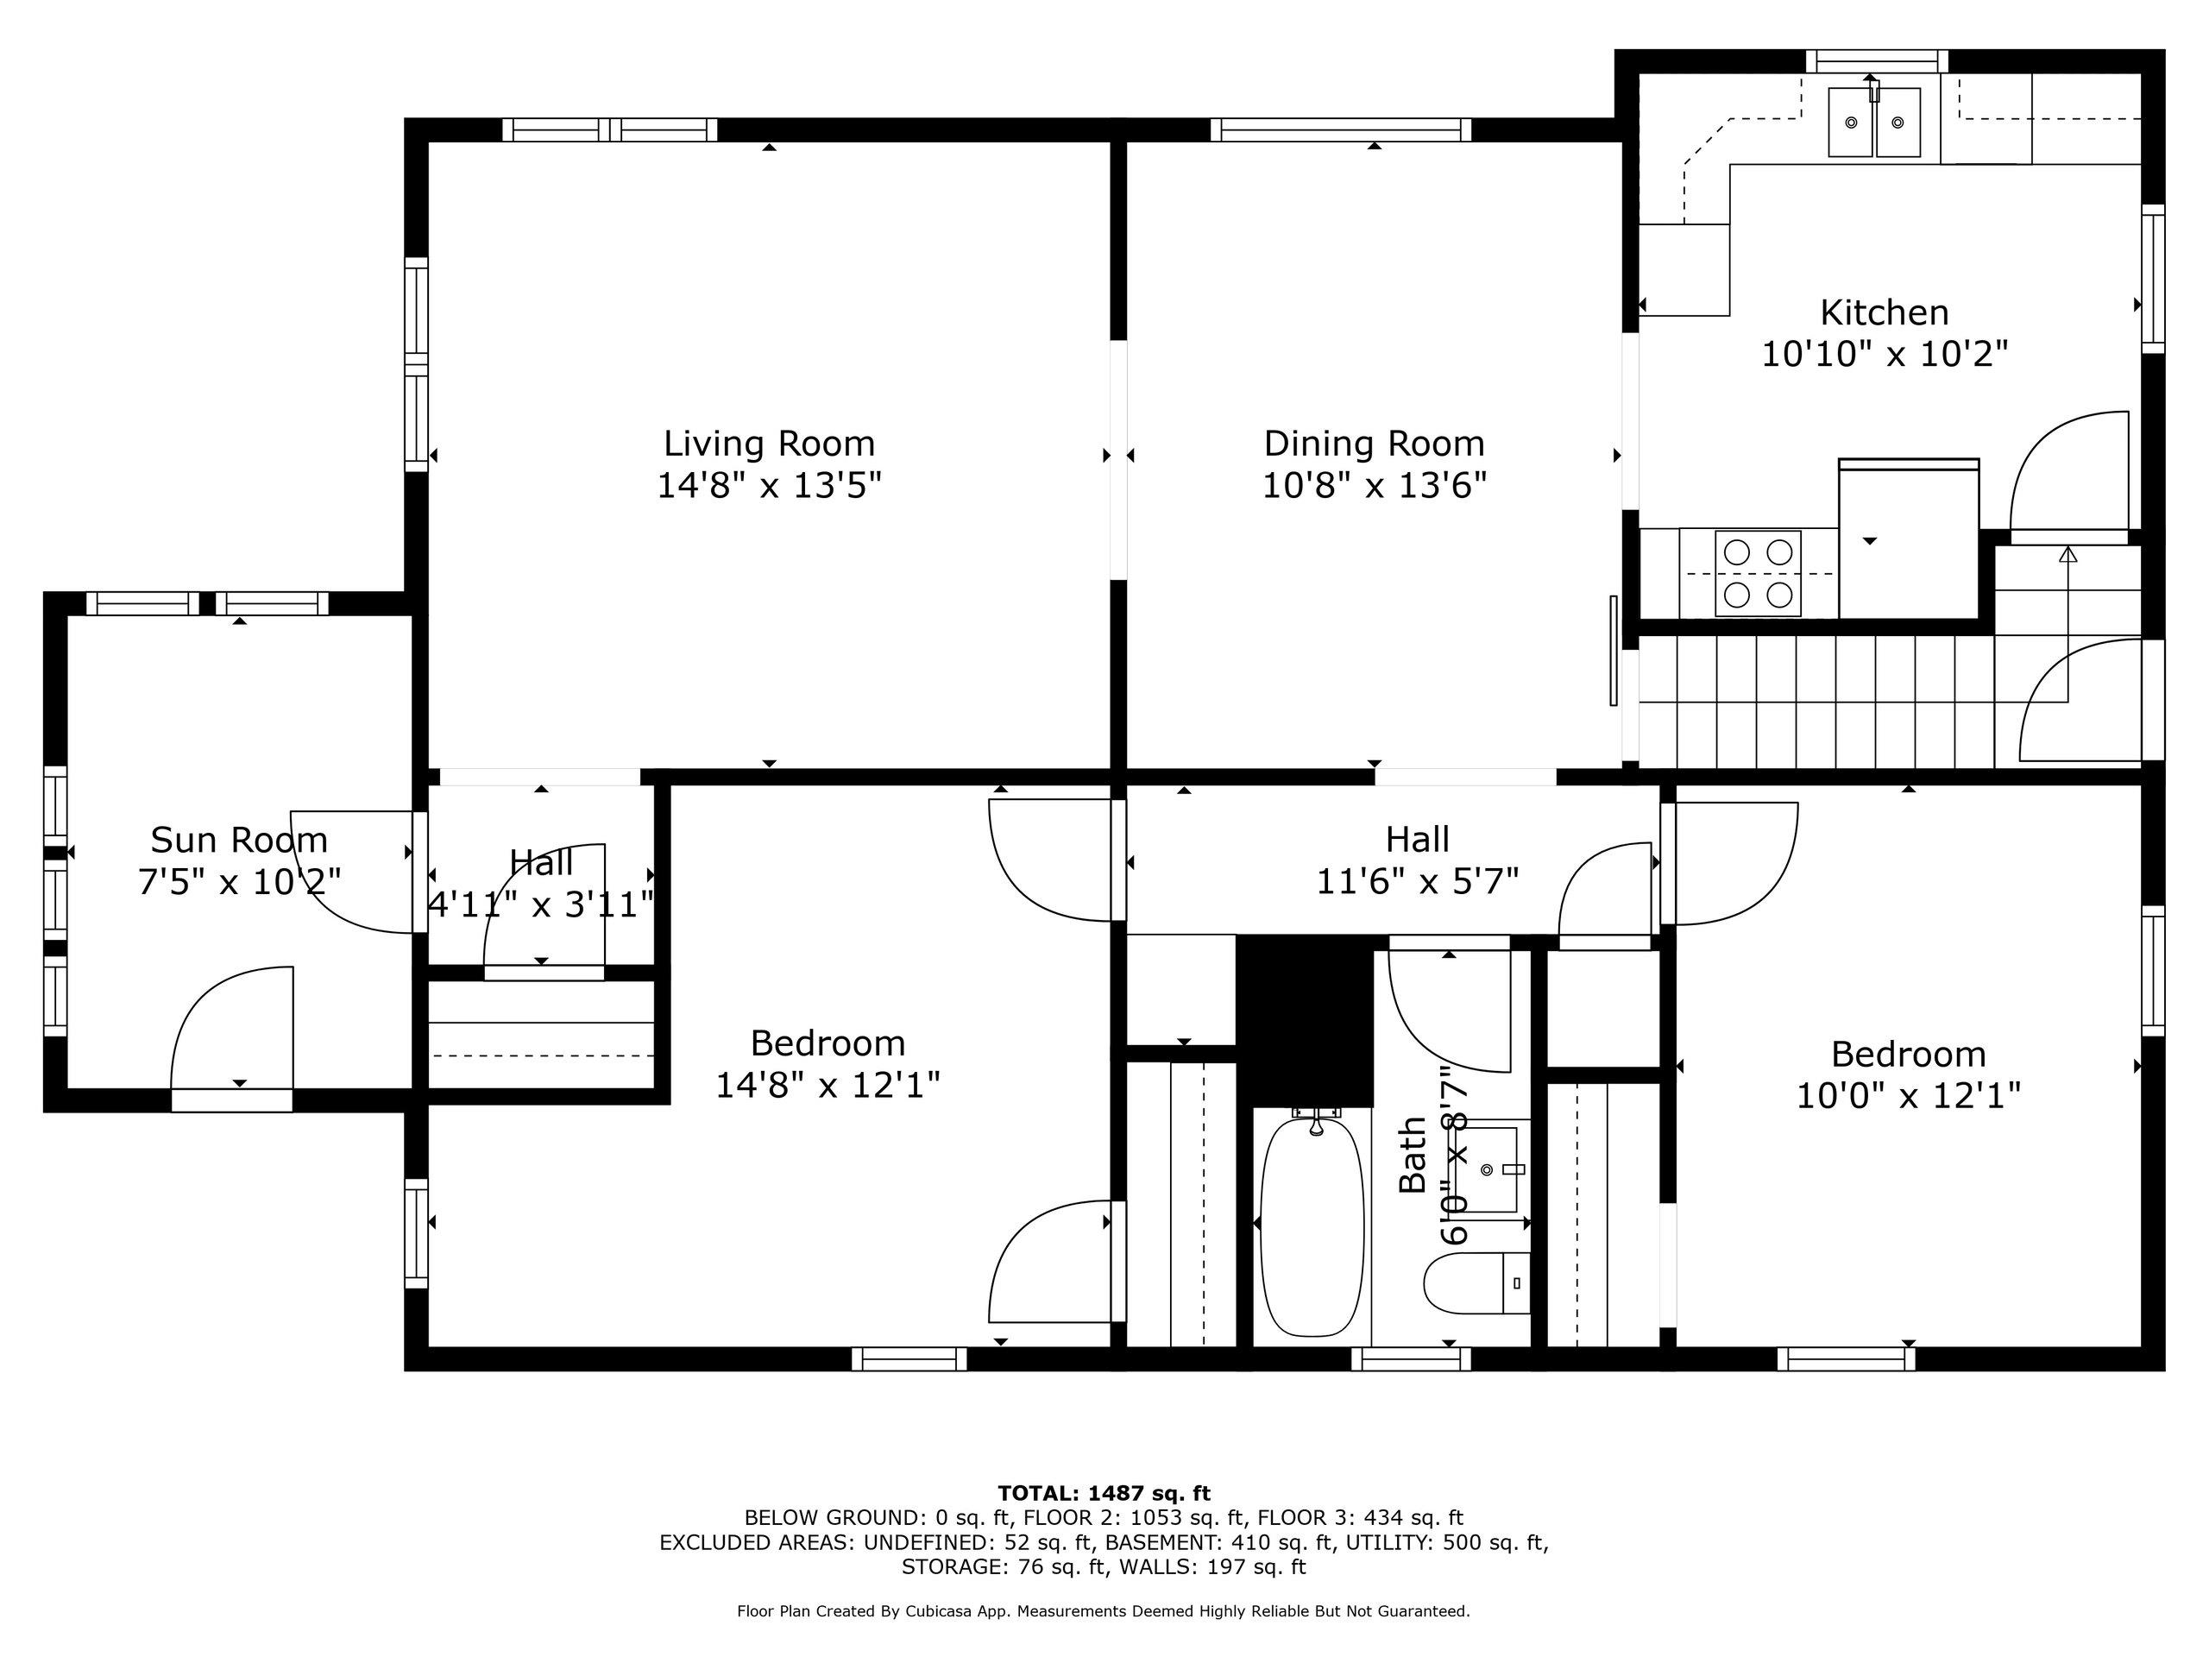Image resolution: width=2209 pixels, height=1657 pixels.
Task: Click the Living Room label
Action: click(769, 444)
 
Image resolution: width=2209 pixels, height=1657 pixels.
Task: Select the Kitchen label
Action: click(1884, 313)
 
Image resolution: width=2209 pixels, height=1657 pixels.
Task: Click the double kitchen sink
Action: click(1874, 123)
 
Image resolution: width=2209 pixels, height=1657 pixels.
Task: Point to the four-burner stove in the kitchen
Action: click(1759, 573)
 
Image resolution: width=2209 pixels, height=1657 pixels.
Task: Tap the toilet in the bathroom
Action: click(1477, 1282)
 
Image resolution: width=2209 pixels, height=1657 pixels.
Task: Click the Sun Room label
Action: click(239, 840)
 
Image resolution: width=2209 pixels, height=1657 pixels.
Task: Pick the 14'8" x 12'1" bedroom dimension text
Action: click(828, 1086)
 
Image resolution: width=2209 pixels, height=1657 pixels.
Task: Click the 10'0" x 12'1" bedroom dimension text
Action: click(1909, 1097)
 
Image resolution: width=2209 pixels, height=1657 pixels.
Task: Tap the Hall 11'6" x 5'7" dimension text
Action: click(1417, 882)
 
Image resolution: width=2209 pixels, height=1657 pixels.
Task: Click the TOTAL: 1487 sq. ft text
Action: click(1104, 1493)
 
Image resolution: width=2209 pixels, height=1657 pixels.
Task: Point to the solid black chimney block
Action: click(1306, 1018)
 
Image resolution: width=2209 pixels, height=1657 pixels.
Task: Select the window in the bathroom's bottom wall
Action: click(1411, 1358)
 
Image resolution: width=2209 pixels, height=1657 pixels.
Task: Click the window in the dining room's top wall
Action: click(1341, 129)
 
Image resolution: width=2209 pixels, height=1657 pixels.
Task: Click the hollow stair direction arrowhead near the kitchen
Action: click(2067, 553)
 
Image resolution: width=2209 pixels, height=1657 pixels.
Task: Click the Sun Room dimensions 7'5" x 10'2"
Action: click(239, 882)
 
